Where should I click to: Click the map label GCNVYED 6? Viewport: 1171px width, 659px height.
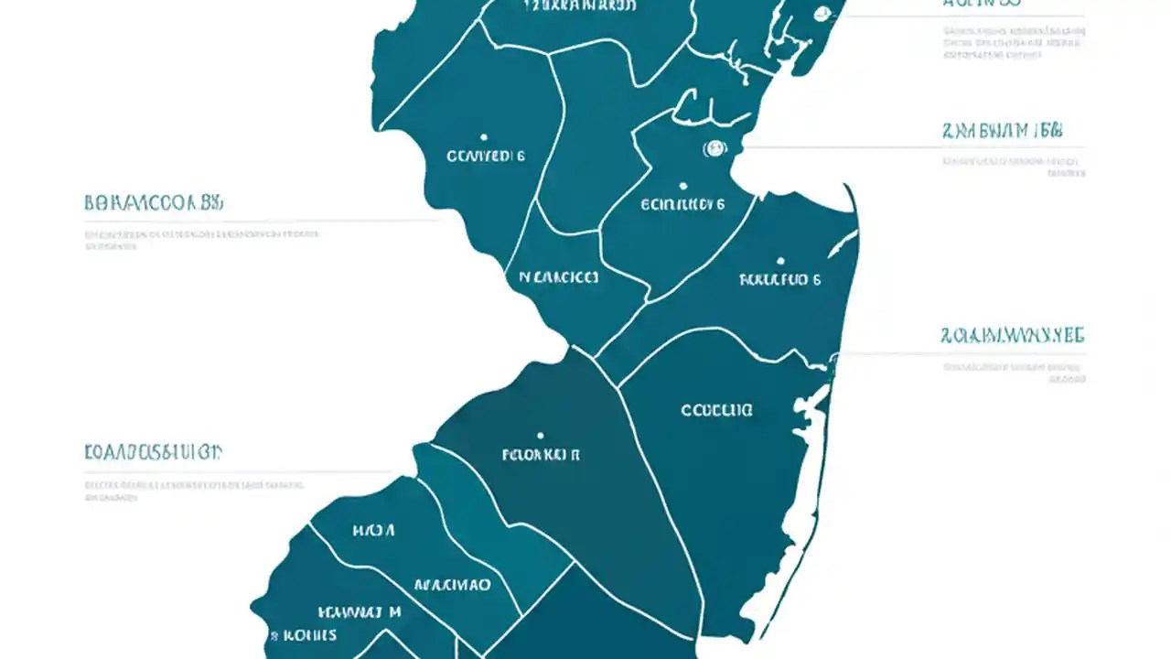pyautogui.click(x=485, y=156)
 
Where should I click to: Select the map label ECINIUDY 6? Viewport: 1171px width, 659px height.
pyautogui.click(x=682, y=205)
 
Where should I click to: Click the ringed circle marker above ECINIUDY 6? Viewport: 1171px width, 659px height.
pyautogui.click(x=714, y=147)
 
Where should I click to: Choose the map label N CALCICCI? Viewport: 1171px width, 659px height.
pyautogui.click(x=558, y=276)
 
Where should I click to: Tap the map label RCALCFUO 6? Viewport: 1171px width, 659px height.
pyautogui.click(x=779, y=280)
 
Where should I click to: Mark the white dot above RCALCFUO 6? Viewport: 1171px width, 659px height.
pyautogui.click(x=780, y=260)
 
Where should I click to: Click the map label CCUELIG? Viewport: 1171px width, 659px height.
pyautogui.click(x=717, y=411)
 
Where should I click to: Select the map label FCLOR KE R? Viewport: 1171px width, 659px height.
pyautogui.click(x=541, y=454)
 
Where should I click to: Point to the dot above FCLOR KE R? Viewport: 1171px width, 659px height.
pyautogui.click(x=541, y=436)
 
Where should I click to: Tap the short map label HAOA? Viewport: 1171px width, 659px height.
pyautogui.click(x=373, y=530)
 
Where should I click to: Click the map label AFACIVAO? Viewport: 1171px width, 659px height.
pyautogui.click(x=452, y=585)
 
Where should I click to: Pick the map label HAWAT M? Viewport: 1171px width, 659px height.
pyautogui.click(x=359, y=611)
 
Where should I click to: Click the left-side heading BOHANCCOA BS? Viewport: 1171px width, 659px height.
pyautogui.click(x=154, y=203)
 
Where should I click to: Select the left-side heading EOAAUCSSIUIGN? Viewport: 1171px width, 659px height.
pyautogui.click(x=153, y=451)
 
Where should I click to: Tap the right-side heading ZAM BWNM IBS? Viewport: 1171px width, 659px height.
pyautogui.click(x=1001, y=130)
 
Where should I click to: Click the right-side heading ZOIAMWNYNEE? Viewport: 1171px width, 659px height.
pyautogui.click(x=1012, y=336)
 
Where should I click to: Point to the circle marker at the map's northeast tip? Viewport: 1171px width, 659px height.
pyautogui.click(x=822, y=14)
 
